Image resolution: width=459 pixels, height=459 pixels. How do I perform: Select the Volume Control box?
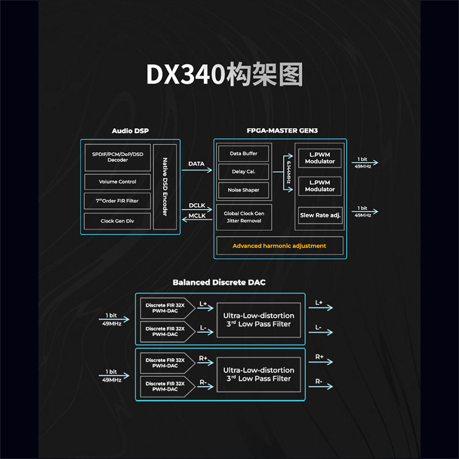118,182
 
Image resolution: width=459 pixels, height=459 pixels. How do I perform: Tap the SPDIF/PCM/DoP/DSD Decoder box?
118,157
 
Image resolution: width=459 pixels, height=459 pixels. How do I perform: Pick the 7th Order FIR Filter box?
118,201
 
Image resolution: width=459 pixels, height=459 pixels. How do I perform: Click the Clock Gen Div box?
118,221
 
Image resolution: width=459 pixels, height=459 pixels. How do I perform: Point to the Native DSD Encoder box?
165,187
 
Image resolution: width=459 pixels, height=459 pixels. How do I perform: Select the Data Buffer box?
243,154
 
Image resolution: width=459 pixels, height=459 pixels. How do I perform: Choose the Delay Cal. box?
243,172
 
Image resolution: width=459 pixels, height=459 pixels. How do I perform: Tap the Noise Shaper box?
243,190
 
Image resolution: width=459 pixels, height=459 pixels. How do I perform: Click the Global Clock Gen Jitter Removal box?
244,217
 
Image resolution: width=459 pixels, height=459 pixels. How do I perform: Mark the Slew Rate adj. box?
320,215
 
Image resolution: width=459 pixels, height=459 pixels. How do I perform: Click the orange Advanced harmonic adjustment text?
279,246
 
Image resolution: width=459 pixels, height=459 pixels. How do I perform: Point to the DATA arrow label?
196,164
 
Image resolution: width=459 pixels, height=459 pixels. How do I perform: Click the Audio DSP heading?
130,131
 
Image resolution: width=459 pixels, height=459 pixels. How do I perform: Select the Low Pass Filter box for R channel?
258,374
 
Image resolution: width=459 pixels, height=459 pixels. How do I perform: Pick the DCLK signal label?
197,205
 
